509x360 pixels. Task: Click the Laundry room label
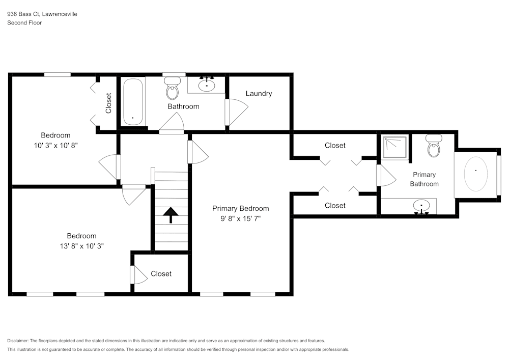point(259,94)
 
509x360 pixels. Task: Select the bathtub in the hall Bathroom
point(132,102)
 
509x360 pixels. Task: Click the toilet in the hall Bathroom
point(173,89)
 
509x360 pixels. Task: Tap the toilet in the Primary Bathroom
point(434,146)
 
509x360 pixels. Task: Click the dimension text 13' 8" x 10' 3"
point(81,246)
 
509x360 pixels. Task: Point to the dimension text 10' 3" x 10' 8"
point(55,145)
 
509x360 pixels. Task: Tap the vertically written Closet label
point(108,103)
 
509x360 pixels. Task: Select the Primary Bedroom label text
point(240,208)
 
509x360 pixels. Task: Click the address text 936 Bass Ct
point(25,15)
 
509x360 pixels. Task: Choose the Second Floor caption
point(24,23)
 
